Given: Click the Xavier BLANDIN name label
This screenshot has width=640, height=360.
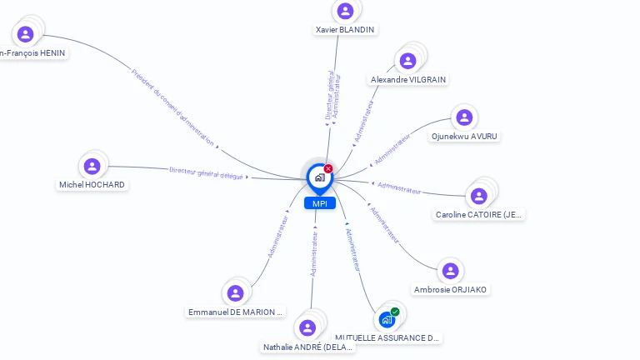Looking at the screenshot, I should click(345, 30).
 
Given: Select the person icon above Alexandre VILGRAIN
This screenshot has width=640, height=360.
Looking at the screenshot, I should click(407, 61).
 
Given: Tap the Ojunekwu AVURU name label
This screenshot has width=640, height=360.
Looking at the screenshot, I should click(466, 136).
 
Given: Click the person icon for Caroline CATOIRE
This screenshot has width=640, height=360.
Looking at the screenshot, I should click(478, 196).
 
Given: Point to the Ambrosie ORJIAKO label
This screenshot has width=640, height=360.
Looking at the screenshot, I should click(451, 290).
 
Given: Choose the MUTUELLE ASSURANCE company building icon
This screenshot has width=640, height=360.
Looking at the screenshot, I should click(387, 319).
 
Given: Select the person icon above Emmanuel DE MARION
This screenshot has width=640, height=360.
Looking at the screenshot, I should click(235, 292).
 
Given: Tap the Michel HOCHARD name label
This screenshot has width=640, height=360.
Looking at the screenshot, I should click(92, 185).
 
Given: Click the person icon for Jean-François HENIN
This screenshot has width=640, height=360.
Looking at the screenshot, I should click(25, 34).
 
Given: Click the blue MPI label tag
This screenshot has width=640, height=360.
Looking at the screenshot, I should click(319, 203).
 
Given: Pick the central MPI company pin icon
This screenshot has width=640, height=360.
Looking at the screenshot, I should click(319, 177).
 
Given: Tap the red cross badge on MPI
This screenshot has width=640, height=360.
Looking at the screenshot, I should click(328, 169).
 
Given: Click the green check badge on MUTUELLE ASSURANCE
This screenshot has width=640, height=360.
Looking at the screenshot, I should click(395, 312).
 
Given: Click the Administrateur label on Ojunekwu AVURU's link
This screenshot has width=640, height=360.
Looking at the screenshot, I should click(392, 147).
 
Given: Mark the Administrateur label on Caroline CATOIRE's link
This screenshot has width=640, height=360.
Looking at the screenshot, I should click(399, 187).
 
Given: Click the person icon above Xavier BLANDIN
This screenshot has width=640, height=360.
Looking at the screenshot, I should click(345, 11).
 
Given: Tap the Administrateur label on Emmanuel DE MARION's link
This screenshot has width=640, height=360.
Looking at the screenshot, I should click(277, 237).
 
